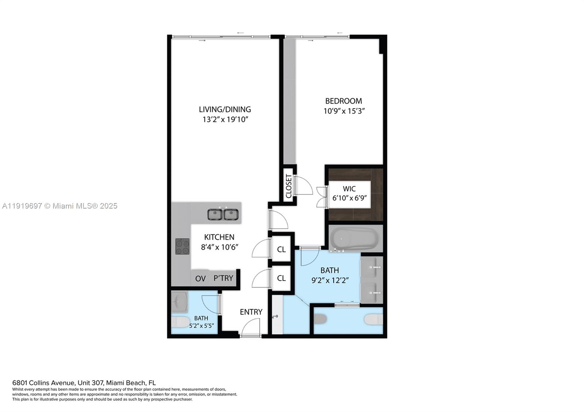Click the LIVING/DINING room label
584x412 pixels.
click(225, 109)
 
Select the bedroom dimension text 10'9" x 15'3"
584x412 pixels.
click(344, 111)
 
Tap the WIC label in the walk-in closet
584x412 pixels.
click(349, 188)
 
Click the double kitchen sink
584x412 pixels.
click(223, 214)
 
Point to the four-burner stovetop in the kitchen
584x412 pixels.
click(182, 246)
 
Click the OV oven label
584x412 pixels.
click(200, 279)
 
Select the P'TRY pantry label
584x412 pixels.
click(223, 278)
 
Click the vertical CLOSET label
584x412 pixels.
click(289, 186)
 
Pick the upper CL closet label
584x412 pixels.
click(281, 249)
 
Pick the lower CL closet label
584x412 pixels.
click(281, 278)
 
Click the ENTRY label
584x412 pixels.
click(251, 312)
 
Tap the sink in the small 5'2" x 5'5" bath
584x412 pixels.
click(179, 302)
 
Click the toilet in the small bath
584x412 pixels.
click(178, 322)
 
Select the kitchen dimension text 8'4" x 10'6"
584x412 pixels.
click(219, 247)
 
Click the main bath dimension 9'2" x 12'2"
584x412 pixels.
click(330, 280)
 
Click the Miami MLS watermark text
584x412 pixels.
click(60, 206)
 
